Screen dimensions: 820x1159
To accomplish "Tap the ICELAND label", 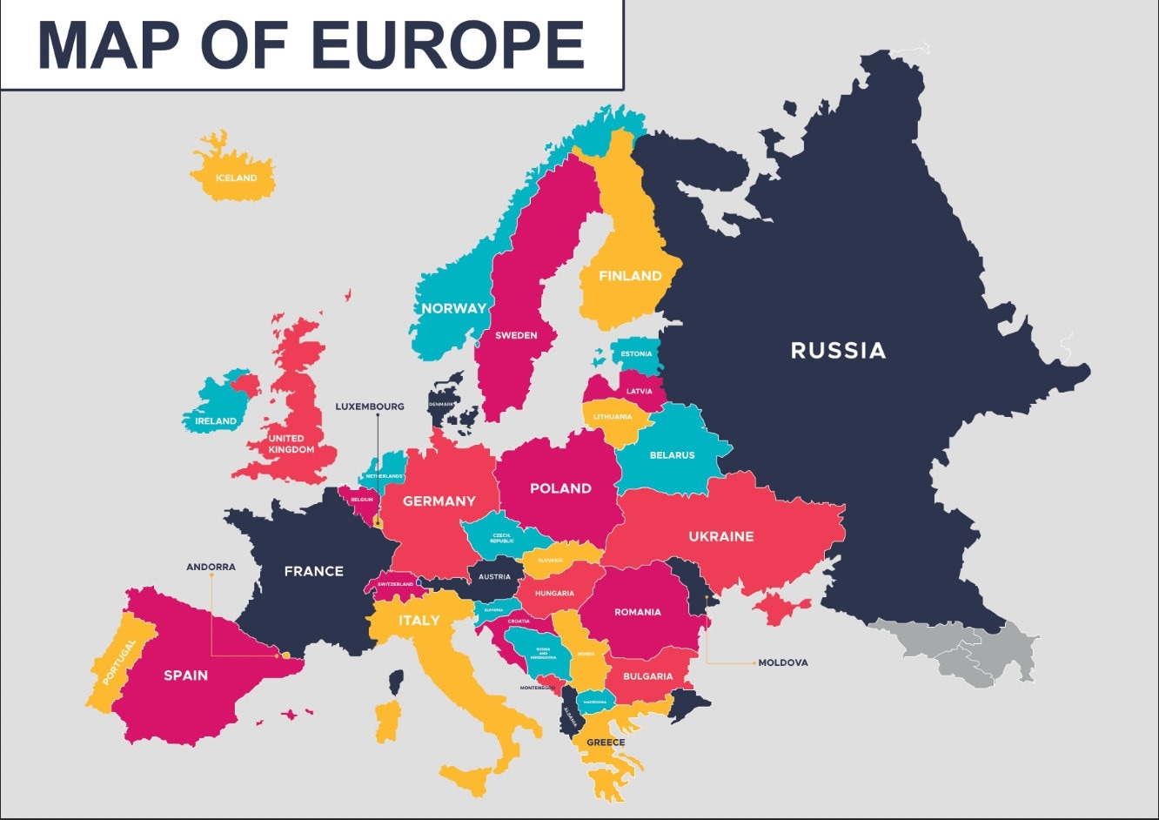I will point(236,178).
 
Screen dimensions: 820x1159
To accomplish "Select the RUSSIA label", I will point(837,350).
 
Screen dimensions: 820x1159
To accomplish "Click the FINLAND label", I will point(630,276).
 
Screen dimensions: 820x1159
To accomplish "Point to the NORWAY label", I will point(453,308).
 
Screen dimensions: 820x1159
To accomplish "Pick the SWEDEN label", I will point(516,335).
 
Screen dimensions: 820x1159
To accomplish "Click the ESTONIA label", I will point(636,354).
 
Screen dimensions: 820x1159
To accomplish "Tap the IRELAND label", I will point(215,421).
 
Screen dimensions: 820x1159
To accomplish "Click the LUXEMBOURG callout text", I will point(370,407).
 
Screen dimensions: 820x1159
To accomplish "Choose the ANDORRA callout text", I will point(211,567).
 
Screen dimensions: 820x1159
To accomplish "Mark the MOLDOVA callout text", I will point(782,662).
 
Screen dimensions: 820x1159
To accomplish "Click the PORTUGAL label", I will point(119,662).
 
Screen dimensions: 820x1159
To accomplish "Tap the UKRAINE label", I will point(720,536).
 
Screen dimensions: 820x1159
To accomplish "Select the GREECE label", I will point(605,743).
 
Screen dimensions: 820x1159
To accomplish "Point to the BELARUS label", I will point(672,455).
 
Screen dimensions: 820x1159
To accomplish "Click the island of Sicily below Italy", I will point(470,779).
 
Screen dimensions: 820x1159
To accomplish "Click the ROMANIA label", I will point(637,612).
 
